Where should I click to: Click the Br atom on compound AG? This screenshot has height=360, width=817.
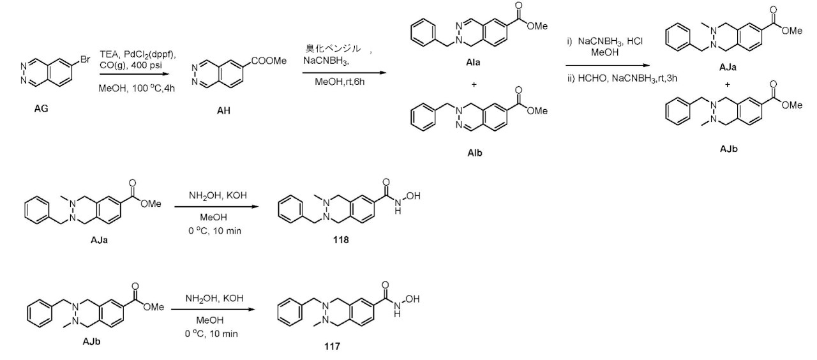pyautogui.click(x=85, y=59)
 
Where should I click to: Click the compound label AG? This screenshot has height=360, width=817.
pyautogui.click(x=41, y=109)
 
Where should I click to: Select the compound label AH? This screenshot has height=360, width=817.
pyautogui.click(x=223, y=110)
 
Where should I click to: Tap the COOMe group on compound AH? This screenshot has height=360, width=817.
pyautogui.click(x=269, y=61)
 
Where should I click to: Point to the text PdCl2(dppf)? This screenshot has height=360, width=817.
pyautogui.click(x=150, y=55)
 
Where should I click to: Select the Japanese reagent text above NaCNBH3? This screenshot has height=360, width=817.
pyautogui.click(x=333, y=49)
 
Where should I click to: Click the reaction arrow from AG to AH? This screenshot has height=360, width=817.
pyautogui.click(x=135, y=74)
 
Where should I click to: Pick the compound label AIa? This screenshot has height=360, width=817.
pyautogui.click(x=473, y=63)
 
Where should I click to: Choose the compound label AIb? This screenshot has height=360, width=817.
pyautogui.click(x=474, y=153)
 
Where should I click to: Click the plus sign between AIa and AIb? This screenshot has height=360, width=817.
pyautogui.click(x=474, y=85)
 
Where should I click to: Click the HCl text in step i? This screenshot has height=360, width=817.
pyautogui.click(x=635, y=41)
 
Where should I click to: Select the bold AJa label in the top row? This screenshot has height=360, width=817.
pyautogui.click(x=728, y=67)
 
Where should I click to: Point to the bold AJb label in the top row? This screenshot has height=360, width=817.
pyautogui.click(x=729, y=149)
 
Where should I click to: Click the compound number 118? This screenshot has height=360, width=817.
pyautogui.click(x=341, y=240)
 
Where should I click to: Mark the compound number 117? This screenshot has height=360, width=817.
pyautogui.click(x=332, y=346)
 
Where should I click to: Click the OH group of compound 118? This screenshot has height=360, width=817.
pyautogui.click(x=413, y=196)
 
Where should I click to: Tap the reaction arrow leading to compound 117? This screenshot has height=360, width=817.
pyautogui.click(x=213, y=310)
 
